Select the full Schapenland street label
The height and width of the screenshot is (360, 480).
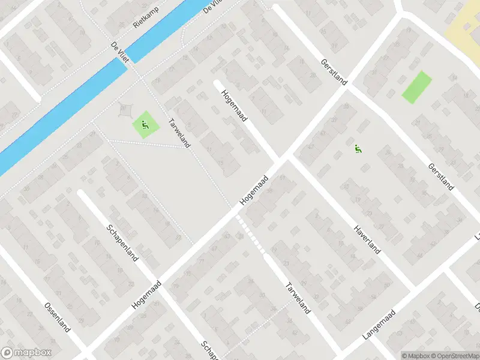pyautogui.click(x=123, y=242)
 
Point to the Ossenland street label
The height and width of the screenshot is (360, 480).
pyautogui.click(x=58, y=317)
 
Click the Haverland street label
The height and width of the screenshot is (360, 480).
pyautogui.click(x=366, y=239)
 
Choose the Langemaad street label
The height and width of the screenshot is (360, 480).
pyautogui.click(x=380, y=326)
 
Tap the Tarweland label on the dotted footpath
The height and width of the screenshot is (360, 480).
pyautogui.click(x=179, y=131)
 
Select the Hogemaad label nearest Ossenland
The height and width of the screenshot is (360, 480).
pyautogui.click(x=147, y=294)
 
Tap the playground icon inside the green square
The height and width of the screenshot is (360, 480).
pyautogui.click(x=145, y=125)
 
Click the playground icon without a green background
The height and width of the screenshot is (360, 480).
pyautogui.click(x=358, y=150)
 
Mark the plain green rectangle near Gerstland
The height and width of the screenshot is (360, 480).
pyautogui.click(x=416, y=87)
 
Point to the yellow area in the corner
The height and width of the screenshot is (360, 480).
pyautogui.click(x=465, y=24)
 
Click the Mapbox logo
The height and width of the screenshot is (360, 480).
pyautogui.click(x=26, y=353)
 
